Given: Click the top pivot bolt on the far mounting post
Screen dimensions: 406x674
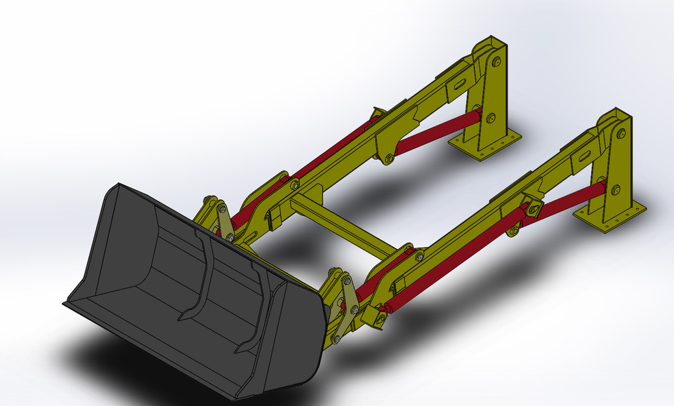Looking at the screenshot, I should click(496, 62).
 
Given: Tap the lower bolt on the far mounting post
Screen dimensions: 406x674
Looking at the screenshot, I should click(491, 117).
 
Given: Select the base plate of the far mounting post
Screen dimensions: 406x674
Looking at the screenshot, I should click(486, 146).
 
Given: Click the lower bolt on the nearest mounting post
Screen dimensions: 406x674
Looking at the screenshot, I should click(616, 189).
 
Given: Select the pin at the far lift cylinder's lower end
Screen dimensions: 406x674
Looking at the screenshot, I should click(388, 160).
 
